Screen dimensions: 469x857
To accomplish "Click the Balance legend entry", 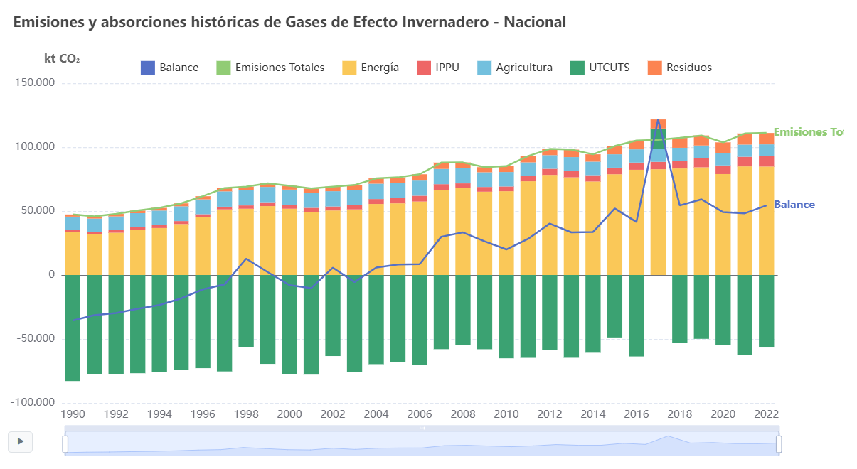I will (170, 68).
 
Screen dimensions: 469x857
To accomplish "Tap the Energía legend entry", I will (370, 68).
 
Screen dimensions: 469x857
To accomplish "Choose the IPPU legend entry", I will (437, 68).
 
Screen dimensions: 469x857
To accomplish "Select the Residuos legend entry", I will (679, 68).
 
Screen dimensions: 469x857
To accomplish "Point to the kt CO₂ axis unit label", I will (62, 58).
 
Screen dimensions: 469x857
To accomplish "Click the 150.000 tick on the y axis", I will (35, 83).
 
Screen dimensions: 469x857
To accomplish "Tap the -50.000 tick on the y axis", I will (35, 339).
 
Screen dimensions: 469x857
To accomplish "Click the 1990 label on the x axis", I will (73, 414).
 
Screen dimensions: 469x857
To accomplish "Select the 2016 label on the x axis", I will (637, 414).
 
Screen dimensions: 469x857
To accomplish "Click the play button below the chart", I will (21, 441).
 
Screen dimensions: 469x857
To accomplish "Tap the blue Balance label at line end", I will (794, 205).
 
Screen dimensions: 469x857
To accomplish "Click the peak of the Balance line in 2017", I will (658, 119).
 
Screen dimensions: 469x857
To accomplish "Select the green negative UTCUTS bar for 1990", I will (73, 328).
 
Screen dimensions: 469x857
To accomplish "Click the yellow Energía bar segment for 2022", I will (766, 220).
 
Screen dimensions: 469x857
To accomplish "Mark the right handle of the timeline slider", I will (778, 444).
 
